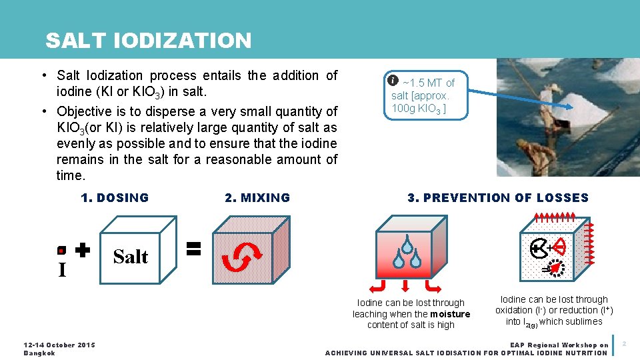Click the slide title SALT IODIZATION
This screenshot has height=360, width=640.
148,41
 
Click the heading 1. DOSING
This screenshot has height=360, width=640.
115,197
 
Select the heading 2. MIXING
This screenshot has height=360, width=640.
257,197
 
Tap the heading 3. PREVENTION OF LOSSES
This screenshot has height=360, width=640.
498,197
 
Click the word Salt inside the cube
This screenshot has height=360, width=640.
131,257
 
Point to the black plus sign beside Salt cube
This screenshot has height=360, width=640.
82,251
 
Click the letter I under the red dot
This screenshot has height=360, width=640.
62,270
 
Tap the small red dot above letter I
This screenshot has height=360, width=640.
61,251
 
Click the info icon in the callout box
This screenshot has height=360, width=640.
393,81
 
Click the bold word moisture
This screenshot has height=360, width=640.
450,314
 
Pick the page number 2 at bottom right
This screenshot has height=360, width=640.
625,344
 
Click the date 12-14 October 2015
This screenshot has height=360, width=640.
59,345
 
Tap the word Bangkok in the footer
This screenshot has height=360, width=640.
39,353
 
